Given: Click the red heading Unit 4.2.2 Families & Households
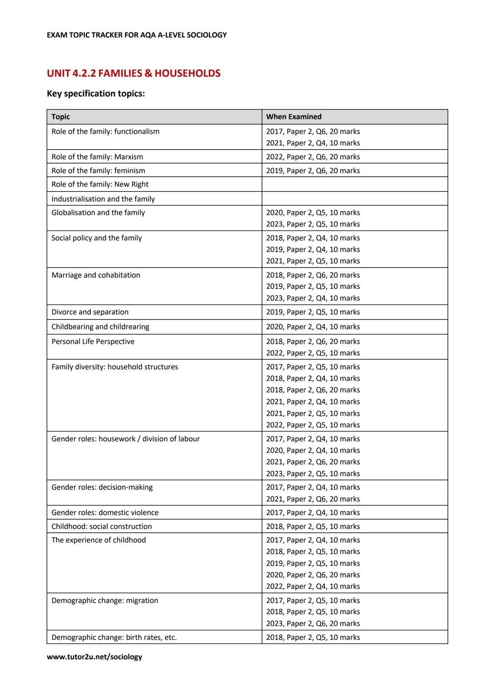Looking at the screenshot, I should (133, 73).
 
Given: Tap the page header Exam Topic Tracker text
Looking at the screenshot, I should (136, 35).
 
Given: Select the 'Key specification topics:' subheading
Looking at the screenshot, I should (96, 94).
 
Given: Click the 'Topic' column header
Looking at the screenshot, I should (61, 117).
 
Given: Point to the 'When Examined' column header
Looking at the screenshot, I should (294, 117).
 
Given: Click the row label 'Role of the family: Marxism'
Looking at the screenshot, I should (97, 157).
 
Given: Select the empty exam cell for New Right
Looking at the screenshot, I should (354, 184).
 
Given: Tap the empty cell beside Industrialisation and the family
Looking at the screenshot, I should (354, 199).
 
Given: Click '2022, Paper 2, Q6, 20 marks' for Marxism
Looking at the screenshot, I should (313, 157).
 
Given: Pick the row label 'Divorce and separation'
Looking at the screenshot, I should (90, 312).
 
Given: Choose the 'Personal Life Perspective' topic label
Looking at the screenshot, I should (93, 342).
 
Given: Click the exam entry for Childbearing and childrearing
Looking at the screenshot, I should (313, 327).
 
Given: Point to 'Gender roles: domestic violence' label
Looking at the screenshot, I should (105, 512).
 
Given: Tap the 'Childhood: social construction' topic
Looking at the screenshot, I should (102, 526).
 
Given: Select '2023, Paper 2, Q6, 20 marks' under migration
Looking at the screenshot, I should (313, 624).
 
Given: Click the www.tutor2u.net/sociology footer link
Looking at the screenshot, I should (94, 657).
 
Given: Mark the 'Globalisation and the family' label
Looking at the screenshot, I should (98, 212).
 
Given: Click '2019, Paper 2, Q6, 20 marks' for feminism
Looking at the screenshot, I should (313, 171).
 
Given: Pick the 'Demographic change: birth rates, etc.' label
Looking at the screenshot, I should (114, 638).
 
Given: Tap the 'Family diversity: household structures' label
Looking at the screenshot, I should (115, 367).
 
